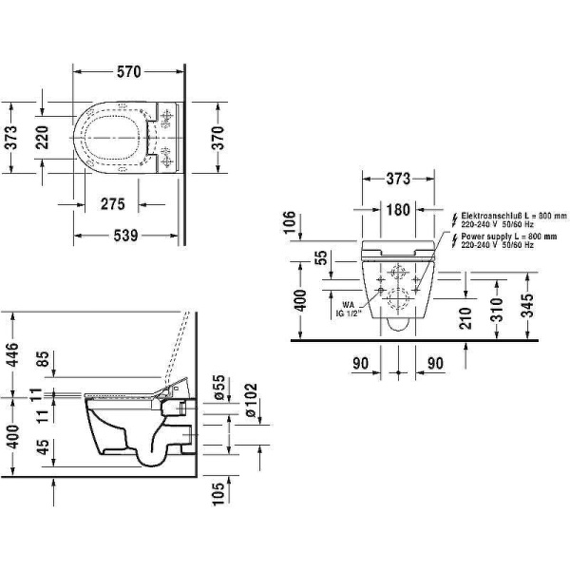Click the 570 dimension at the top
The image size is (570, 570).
click(x=128, y=71)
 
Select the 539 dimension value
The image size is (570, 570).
click(x=125, y=236)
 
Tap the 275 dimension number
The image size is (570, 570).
click(x=113, y=204)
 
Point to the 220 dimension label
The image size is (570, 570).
click(x=42, y=137)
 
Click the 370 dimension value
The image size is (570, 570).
click(x=218, y=138)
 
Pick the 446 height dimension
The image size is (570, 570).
click(x=12, y=354)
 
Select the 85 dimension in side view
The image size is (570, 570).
click(x=43, y=359)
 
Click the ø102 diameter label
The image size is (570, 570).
click(x=251, y=400)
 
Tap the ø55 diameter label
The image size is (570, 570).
click(x=219, y=388)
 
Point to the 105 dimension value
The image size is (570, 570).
click(x=218, y=494)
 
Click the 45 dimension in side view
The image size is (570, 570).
click(x=43, y=446)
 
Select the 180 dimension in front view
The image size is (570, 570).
click(x=398, y=210)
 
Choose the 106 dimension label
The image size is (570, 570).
click(x=290, y=222)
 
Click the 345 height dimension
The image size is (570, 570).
click(x=527, y=305)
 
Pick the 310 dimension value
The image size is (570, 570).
click(x=499, y=310)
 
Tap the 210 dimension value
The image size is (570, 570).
click(x=465, y=318)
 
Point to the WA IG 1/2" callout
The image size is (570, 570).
click(x=348, y=310)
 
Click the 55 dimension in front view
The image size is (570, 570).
click(x=321, y=257)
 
